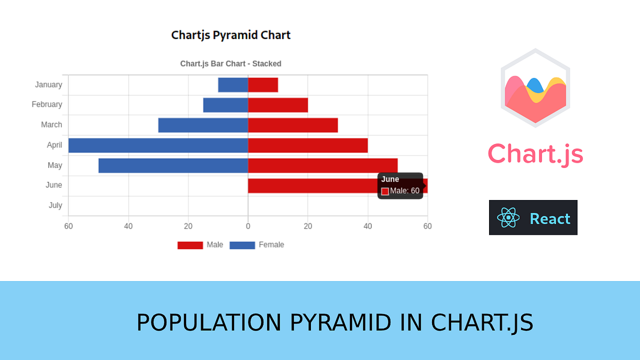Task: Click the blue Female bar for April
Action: coord(158,145)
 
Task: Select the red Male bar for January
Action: coord(263,85)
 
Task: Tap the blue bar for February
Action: coord(226,105)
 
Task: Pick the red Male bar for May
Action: coord(323,165)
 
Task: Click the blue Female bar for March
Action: coord(203,125)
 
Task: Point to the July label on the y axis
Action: coord(55,205)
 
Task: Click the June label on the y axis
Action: coord(54,185)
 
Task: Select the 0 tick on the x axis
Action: coord(248,226)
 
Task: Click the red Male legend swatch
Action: coord(190,245)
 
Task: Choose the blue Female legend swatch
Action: coord(242,245)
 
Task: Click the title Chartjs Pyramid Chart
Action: coord(231,35)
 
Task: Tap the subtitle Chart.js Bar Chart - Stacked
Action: coord(231,63)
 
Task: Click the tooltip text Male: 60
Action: coord(404,191)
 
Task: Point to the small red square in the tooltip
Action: coord(385,191)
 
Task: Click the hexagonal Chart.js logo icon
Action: coord(535,88)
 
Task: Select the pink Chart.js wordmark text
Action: coord(535,154)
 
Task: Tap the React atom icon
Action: coord(508,218)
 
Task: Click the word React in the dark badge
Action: coord(550,218)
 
